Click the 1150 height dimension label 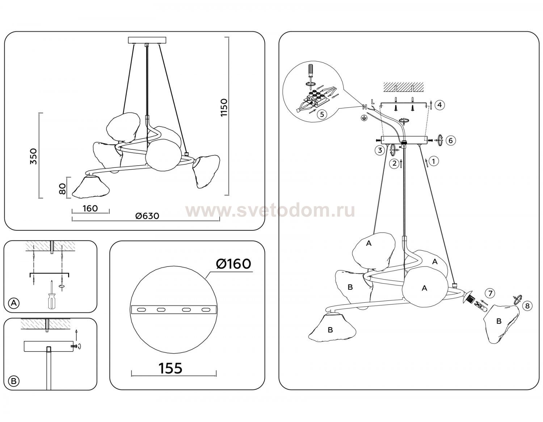[x=224, y=107]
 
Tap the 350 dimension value [x=33, y=156]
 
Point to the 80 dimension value [x=62, y=189]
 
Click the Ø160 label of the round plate [x=233, y=264]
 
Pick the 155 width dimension [x=171, y=368]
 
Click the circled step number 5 [x=321, y=115]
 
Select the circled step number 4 [x=439, y=105]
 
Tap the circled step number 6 [x=451, y=141]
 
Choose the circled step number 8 [x=527, y=306]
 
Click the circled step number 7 [x=490, y=293]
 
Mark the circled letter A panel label [x=14, y=303]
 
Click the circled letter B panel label [x=14, y=381]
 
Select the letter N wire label [x=365, y=107]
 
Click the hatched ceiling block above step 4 [x=404, y=86]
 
